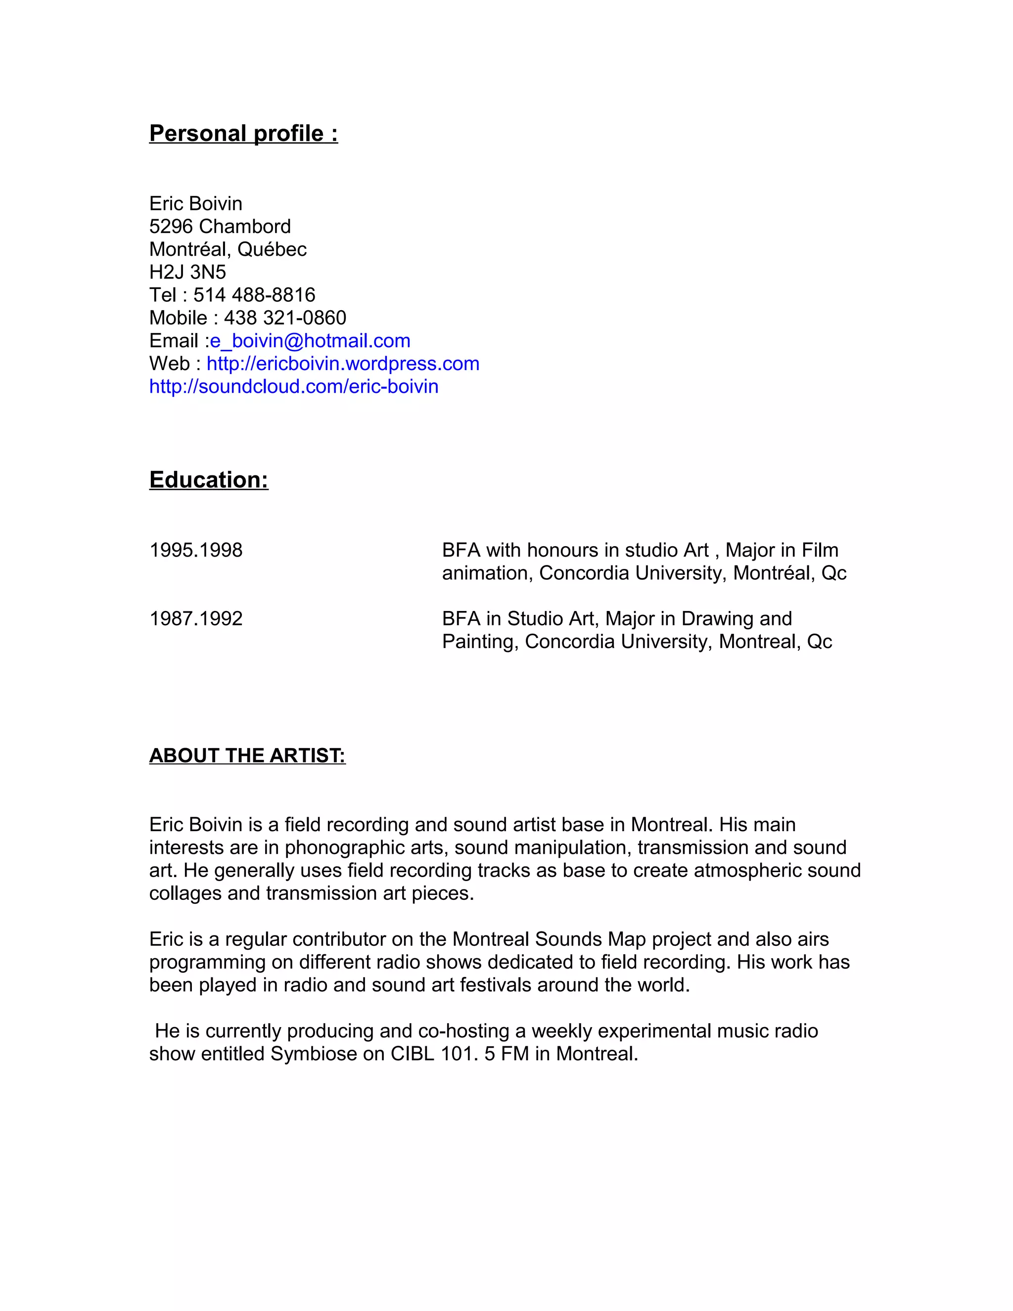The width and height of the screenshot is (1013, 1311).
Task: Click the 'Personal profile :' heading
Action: pyautogui.click(x=243, y=133)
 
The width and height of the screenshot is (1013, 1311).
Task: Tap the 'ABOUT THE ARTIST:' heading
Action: pyautogui.click(x=247, y=755)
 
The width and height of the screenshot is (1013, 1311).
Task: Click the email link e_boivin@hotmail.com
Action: pyautogui.click(x=310, y=341)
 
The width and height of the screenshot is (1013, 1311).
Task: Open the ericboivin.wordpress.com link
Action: pyautogui.click(x=343, y=364)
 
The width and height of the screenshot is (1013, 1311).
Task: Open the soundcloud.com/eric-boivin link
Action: pyautogui.click(x=293, y=386)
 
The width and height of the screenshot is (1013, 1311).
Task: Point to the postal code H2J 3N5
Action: pyautogui.click(x=187, y=273)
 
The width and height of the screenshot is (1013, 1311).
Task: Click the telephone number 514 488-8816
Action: pyautogui.click(x=254, y=295)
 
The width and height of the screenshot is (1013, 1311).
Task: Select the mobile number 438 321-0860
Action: pyautogui.click(x=284, y=318)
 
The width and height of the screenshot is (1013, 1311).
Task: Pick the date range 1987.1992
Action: pyautogui.click(x=196, y=619)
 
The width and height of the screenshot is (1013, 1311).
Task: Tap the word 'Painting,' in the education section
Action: pyautogui.click(x=480, y=642)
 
